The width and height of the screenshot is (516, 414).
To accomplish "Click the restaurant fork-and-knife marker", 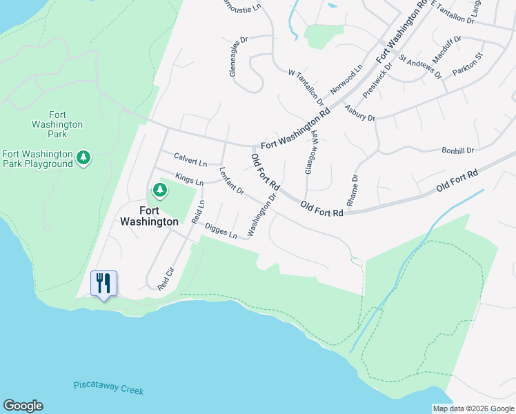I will click(x=103, y=283).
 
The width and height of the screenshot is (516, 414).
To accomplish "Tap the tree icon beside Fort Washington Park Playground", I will click(x=83, y=158).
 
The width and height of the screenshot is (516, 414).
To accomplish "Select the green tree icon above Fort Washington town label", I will click(x=159, y=189).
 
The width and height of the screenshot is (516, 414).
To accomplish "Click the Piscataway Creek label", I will click(x=108, y=388).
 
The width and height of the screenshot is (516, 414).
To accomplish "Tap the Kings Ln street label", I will click(x=189, y=179).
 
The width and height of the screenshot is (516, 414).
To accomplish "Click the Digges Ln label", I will click(x=221, y=232).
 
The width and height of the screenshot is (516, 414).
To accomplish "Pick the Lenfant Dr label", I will click(x=232, y=180).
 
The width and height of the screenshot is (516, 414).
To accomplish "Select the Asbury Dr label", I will click(x=359, y=113).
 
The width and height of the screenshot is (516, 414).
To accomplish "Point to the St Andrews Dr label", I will click(x=420, y=66).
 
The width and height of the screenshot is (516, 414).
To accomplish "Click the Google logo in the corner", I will click(x=23, y=406).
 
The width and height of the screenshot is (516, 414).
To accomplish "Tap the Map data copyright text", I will click(x=473, y=408).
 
